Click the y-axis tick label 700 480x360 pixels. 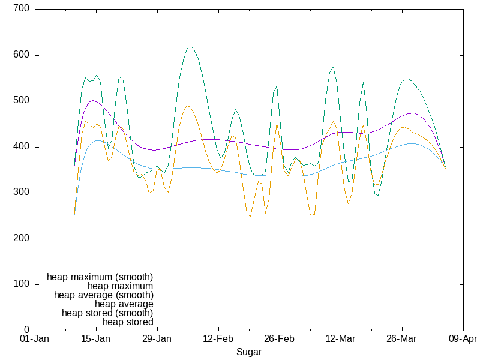click(22, 10)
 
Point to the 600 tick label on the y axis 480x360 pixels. click(22, 55)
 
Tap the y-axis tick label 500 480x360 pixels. click(22, 101)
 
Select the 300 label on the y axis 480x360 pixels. click(22, 193)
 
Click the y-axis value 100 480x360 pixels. click(22, 284)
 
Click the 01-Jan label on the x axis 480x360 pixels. click(35, 339)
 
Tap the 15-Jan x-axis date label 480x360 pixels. click(96, 339)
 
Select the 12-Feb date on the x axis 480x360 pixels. click(218, 339)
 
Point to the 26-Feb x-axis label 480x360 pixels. click(280, 339)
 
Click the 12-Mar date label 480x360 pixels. click(341, 339)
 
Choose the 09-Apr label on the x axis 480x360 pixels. click(463, 339)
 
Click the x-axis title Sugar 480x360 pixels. click(248, 352)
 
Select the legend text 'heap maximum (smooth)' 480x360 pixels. click(100, 277)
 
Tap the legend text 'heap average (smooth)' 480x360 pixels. click(104, 295)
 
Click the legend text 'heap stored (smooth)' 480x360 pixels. click(107, 313)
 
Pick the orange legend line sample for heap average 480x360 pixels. click(172, 304)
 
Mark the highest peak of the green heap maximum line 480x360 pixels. click(190, 46)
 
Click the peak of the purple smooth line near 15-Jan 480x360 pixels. click(92, 100)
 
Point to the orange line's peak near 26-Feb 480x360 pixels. click(277, 124)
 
